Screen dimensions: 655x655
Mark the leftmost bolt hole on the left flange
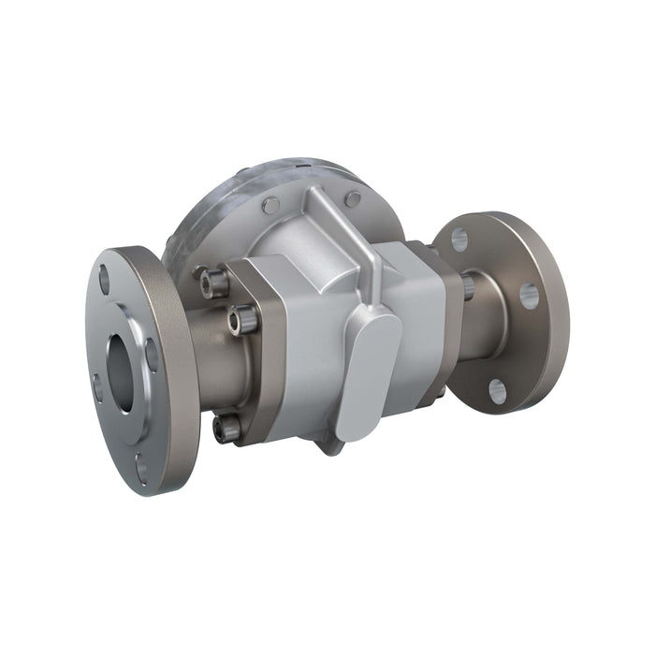(x=96, y=384)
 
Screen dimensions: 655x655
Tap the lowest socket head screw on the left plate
(x=226, y=429)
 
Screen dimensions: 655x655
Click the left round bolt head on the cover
(x=270, y=206)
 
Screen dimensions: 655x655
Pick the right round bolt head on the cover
(x=353, y=198)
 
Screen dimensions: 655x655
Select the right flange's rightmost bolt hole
(x=529, y=297)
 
